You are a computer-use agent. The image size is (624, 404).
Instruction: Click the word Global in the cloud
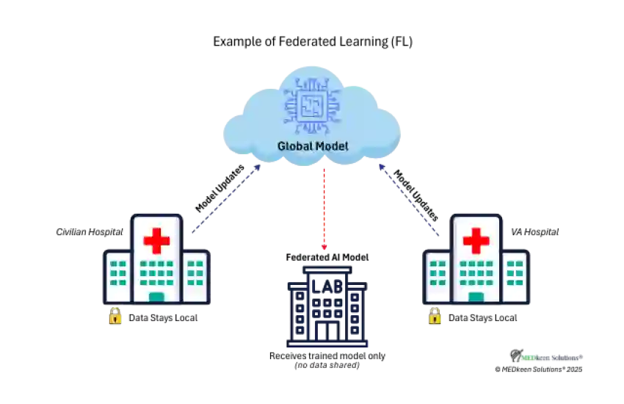tap(294, 146)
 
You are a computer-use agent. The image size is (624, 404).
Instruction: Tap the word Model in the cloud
tap(332, 146)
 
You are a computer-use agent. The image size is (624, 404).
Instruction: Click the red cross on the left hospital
tap(156, 241)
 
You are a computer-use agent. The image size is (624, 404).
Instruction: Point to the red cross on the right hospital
tap(476, 241)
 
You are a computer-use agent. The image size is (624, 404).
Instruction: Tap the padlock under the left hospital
tap(115, 316)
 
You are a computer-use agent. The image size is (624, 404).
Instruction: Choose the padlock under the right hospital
tap(435, 316)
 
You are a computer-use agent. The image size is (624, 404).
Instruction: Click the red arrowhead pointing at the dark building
tap(324, 247)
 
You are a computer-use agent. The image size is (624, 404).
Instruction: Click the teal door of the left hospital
tap(156, 297)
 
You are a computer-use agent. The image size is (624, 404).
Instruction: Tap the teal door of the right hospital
tap(476, 297)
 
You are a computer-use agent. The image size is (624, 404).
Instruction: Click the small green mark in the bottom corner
tap(528, 358)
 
